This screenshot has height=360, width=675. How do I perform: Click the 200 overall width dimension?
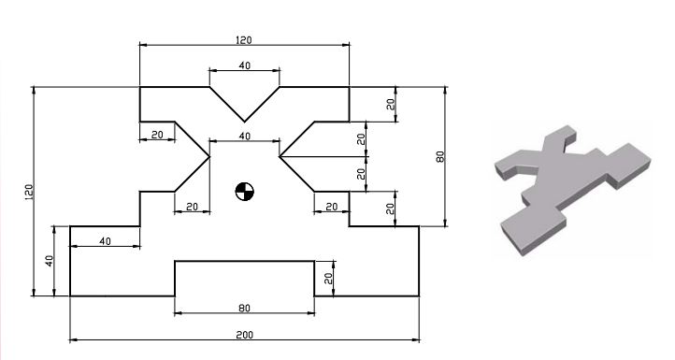click(x=244, y=334)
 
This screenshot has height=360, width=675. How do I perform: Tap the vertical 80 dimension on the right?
click(x=439, y=156)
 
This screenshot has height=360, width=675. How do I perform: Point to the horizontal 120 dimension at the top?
click(x=244, y=40)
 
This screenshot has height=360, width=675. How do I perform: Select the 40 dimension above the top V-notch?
click(x=244, y=65)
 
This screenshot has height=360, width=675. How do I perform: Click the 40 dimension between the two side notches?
click(x=244, y=137)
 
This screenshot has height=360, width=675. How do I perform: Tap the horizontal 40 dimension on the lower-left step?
click(x=105, y=241)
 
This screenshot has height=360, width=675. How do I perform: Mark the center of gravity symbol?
click(x=244, y=192)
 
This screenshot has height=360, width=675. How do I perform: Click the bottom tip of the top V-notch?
click(x=244, y=122)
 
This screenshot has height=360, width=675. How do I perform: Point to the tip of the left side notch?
click(x=208, y=156)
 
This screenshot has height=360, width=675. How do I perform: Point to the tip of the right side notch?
click(x=280, y=156)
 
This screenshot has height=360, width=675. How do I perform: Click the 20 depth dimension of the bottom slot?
click(x=329, y=279)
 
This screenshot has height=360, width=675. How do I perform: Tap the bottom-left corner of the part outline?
click(x=70, y=296)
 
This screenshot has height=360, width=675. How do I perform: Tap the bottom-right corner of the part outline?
click(x=419, y=296)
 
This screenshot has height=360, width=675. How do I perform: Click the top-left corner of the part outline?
click(x=140, y=87)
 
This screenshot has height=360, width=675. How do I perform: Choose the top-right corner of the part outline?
click(x=349, y=87)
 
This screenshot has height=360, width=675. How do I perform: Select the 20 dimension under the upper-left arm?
click(x=157, y=136)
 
